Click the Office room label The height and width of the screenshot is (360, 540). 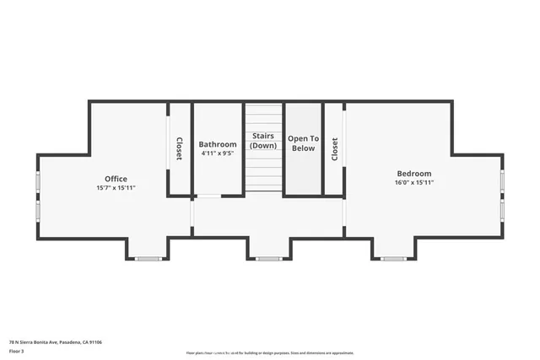(x=116, y=179)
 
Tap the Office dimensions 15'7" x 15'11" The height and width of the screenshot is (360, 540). (x=116, y=187)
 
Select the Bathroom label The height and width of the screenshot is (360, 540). (x=218, y=144)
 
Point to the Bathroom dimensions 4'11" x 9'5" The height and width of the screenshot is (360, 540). (x=218, y=153)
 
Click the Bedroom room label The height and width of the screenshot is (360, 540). (x=413, y=174)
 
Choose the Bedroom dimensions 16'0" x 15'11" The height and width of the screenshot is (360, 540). (x=413, y=182)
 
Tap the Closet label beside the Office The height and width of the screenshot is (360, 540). (x=180, y=149)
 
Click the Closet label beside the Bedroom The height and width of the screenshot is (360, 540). (x=334, y=149)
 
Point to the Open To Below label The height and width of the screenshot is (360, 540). (x=303, y=143)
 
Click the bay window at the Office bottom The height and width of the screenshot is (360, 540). (x=148, y=258)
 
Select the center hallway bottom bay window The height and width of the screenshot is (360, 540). (x=269, y=258)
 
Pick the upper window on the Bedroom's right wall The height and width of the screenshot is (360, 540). (x=502, y=181)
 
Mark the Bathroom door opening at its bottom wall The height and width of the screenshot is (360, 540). (x=208, y=196)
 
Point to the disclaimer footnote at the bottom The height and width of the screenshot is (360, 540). (x=270, y=352)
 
